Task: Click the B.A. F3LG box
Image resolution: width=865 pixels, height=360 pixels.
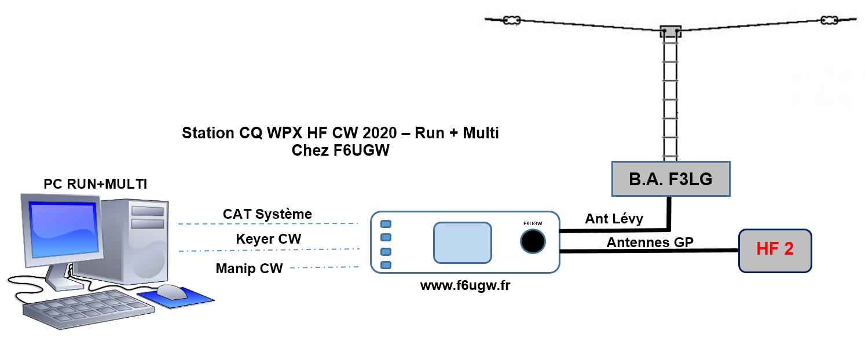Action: click(x=670, y=179)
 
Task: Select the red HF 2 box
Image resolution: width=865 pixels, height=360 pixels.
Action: click(x=775, y=250)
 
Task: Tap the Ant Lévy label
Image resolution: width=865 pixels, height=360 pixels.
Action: click(x=614, y=219)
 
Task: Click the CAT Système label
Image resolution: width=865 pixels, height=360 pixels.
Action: click(x=267, y=214)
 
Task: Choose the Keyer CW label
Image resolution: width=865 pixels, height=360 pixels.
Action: click(x=269, y=239)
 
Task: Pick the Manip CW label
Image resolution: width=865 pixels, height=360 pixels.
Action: click(x=249, y=269)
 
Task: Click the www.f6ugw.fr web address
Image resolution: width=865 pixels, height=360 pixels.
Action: click(x=465, y=285)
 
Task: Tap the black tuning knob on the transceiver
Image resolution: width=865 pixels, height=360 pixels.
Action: click(x=533, y=241)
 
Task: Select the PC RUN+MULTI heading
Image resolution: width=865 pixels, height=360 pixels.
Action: click(x=96, y=184)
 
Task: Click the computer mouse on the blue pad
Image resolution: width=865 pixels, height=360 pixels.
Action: click(x=173, y=291)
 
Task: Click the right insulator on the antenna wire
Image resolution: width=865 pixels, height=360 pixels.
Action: click(x=829, y=21)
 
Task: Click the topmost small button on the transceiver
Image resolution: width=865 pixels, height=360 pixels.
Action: click(x=386, y=224)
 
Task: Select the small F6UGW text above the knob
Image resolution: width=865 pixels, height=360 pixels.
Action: click(x=532, y=223)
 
